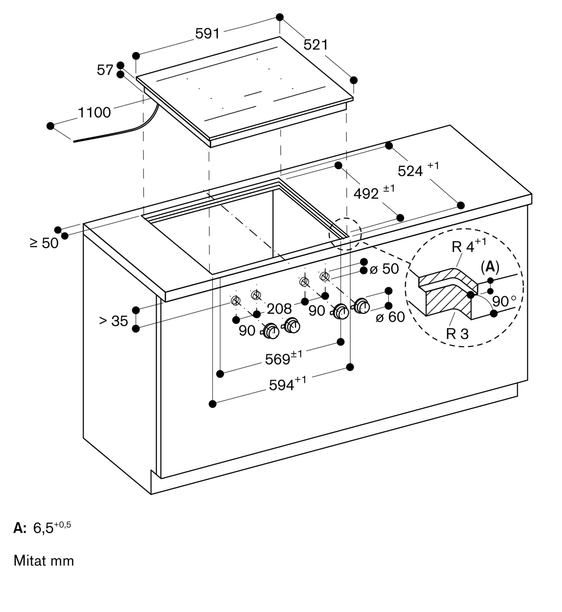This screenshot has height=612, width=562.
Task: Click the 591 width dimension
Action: [208, 33]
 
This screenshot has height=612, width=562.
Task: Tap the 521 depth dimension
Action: [316, 45]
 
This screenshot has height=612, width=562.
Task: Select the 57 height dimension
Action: [105, 70]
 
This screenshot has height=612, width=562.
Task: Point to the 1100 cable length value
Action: [94, 112]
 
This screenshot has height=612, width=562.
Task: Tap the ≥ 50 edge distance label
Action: [44, 243]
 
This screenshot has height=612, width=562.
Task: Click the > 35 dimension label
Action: [114, 321]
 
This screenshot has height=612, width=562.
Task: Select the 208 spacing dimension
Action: [279, 309]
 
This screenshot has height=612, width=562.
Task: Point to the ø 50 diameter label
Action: [384, 269]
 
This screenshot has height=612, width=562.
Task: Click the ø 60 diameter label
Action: [390, 317]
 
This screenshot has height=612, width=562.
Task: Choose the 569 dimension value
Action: [284, 358]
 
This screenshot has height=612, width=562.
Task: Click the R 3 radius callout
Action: [457, 334]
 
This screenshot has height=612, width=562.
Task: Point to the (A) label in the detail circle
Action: [490, 267]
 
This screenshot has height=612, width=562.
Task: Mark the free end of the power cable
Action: [74, 142]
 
